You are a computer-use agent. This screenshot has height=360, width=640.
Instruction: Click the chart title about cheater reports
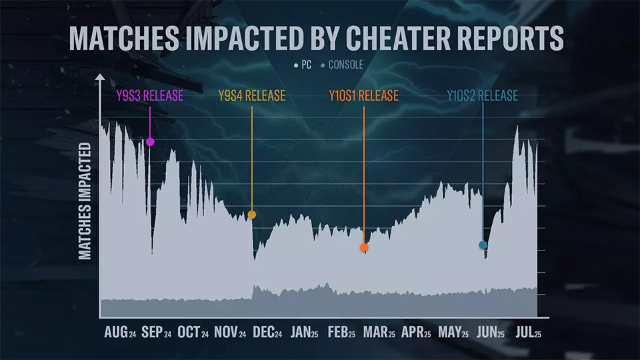click(316, 39)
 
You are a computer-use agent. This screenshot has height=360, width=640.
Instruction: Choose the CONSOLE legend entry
click(341, 66)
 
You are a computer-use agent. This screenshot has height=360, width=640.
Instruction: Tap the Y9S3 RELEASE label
click(150, 95)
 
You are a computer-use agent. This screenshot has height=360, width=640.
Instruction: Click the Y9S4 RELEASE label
click(252, 95)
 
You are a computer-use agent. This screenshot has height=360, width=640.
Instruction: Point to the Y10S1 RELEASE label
click(363, 95)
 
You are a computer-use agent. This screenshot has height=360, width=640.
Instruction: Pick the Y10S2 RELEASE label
click(482, 95)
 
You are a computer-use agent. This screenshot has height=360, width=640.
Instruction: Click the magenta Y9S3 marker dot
click(150, 142)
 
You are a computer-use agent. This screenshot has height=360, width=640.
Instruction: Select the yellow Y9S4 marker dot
click(252, 215)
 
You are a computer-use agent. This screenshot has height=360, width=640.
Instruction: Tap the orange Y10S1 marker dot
click(364, 247)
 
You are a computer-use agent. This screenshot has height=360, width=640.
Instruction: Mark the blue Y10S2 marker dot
click(483, 245)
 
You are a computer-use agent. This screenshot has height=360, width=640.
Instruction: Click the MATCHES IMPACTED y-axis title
click(85, 200)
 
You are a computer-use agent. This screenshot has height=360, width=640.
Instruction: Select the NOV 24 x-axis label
click(231, 332)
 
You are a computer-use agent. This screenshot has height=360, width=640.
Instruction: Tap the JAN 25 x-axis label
click(305, 332)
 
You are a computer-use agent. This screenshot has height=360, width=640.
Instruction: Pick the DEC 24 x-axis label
click(267, 332)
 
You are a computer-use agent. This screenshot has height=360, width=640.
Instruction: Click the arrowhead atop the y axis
click(100, 77)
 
